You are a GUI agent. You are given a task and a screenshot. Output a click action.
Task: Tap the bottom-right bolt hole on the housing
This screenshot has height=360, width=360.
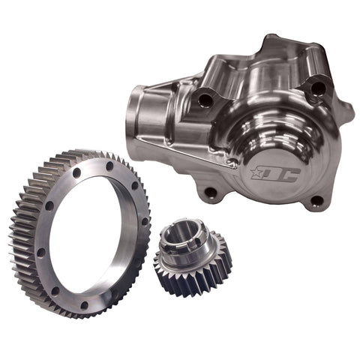tap(317, 200)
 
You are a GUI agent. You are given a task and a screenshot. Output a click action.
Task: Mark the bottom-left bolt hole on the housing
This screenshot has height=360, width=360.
tap(211, 193)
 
